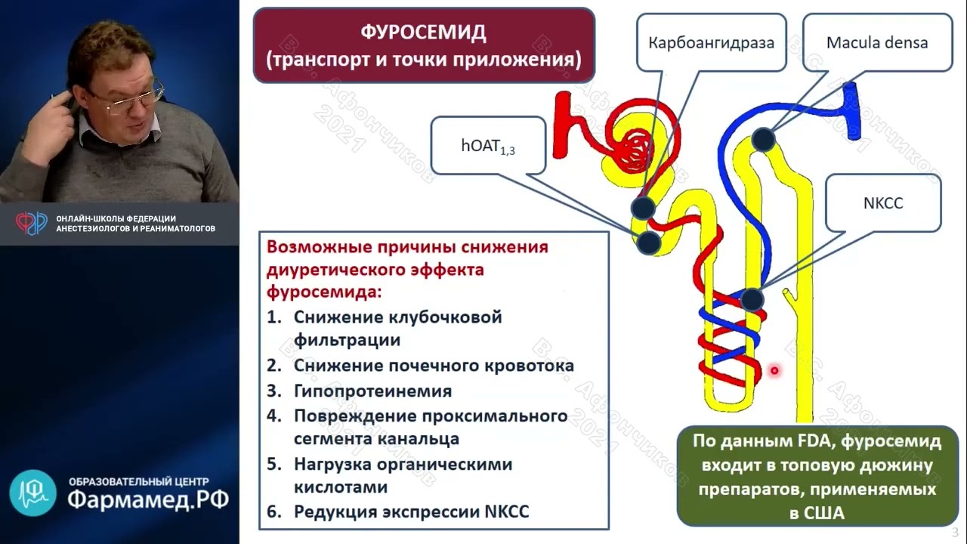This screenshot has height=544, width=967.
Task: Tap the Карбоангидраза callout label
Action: [711, 42]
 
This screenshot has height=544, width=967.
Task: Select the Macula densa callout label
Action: [876, 42]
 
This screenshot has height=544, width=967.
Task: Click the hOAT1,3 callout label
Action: [488, 146]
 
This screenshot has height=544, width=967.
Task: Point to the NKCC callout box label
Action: [882, 203]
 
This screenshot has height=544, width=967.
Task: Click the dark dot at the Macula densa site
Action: [764, 139]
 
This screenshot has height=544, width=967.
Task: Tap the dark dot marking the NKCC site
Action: [752, 299]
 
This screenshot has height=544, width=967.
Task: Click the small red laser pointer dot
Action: [774, 370]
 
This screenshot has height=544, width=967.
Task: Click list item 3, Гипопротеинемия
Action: [372, 391]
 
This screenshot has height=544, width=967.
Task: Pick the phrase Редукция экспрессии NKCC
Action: [411, 512]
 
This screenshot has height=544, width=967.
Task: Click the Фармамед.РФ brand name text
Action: [147, 499]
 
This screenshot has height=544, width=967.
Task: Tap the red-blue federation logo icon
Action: [32, 223]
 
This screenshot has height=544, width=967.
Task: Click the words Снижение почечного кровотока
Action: [434, 366]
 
